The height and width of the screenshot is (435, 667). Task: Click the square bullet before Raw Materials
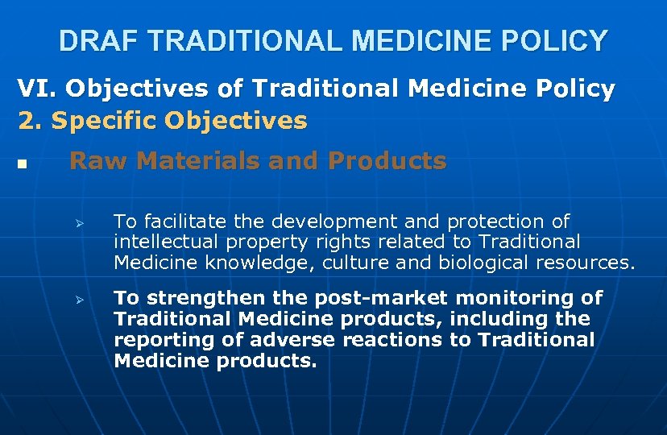click(x=22, y=164)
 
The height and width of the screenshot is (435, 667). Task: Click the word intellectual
click(x=164, y=241)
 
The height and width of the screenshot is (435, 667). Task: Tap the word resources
click(x=587, y=262)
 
